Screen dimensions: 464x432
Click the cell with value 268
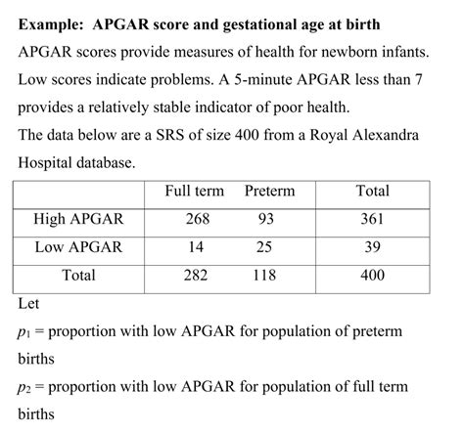tap(197, 220)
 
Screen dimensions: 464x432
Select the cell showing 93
tap(263, 220)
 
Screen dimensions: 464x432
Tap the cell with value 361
tap(372, 220)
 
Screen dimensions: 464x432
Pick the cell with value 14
tap(197, 247)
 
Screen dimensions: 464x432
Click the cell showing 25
tap(263, 247)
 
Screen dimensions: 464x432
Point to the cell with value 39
tap(372, 247)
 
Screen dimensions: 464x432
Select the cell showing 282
tap(197, 276)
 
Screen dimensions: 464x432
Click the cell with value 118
tap(263, 276)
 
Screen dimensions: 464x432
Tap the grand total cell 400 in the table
tap(372, 276)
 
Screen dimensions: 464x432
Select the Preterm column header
tap(269, 192)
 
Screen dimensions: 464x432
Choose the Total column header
tap(372, 192)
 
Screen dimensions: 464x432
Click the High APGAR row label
tap(78, 220)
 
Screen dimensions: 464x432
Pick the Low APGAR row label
tap(78, 247)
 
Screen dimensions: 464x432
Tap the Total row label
tap(78, 276)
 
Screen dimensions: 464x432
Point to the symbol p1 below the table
tap(24, 332)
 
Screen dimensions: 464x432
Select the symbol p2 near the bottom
tap(24, 388)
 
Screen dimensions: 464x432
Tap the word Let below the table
tap(27, 304)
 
